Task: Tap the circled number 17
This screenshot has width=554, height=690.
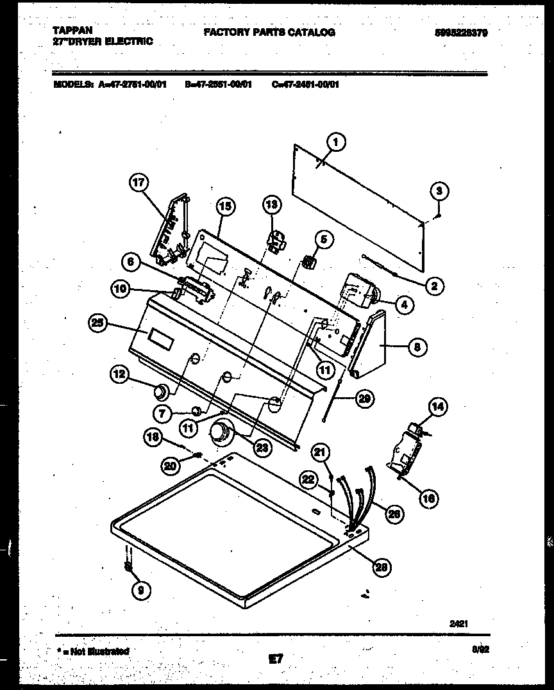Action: (x=138, y=183)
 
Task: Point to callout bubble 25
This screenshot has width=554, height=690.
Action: (x=98, y=324)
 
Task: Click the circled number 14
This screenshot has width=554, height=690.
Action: (x=439, y=406)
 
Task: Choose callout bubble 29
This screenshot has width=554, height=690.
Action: (x=365, y=398)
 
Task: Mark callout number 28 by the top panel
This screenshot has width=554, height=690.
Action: (x=383, y=566)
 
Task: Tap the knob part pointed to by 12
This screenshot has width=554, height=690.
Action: (x=160, y=390)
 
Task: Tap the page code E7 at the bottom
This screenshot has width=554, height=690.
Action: (x=276, y=658)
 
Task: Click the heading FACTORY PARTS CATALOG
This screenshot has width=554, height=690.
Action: (x=269, y=32)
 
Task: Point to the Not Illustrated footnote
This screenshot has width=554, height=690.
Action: (x=94, y=651)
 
